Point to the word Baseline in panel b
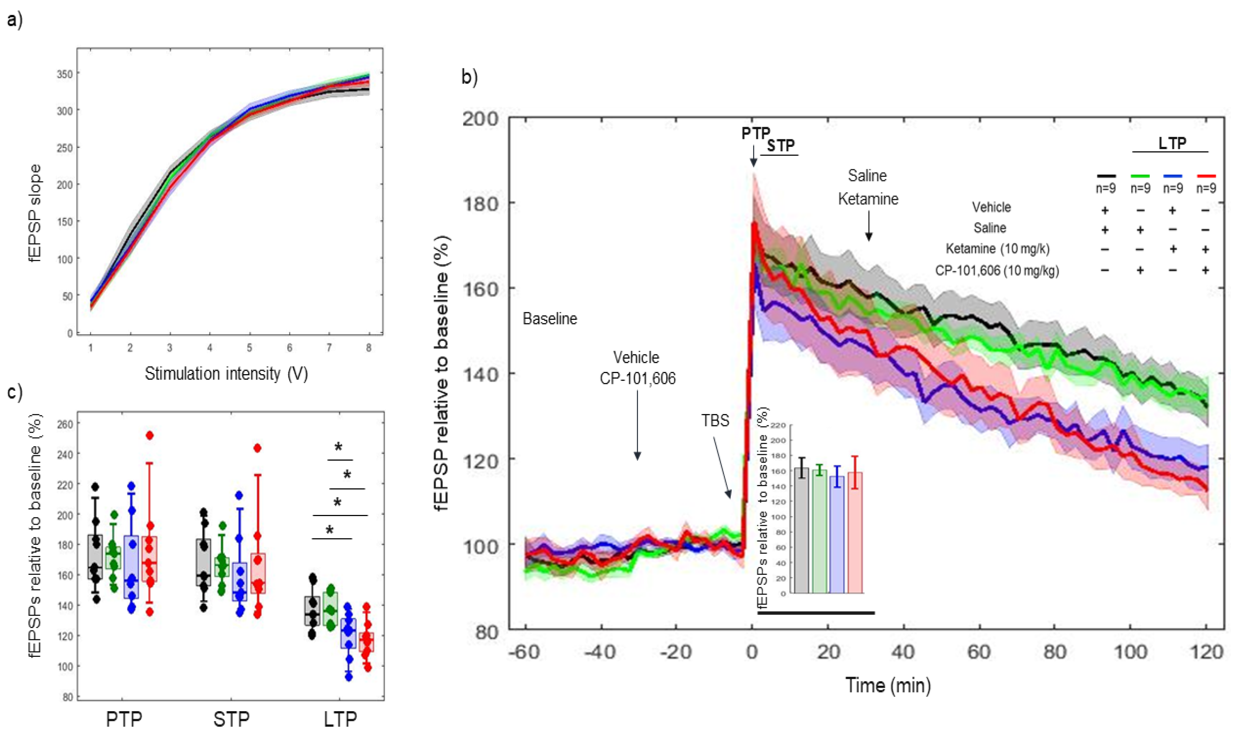pyautogui.click(x=550, y=319)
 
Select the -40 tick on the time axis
pyautogui.click(x=600, y=652)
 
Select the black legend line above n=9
pyautogui.click(x=1106, y=176)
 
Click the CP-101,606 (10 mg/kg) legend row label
pyautogui.click(x=997, y=270)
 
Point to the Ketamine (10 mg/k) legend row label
pyautogui.click(x=997, y=249)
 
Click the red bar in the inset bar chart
pyautogui.click(x=854, y=533)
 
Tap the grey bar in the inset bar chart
pyautogui.click(x=802, y=530)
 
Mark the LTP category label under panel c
pyautogui.click(x=340, y=719)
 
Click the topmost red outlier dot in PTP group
pyautogui.click(x=150, y=435)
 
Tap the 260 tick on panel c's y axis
pyautogui.click(x=65, y=424)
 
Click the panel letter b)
pyautogui.click(x=469, y=77)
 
